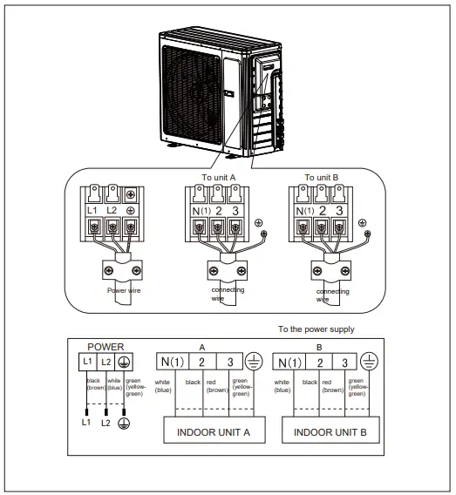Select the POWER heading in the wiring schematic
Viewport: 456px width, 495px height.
click(x=106, y=346)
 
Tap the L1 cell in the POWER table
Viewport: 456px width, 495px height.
click(x=87, y=362)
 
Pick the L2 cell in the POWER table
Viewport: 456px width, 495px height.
click(x=106, y=362)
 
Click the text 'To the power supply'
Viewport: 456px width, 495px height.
click(x=316, y=329)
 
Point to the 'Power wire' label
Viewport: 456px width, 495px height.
click(x=125, y=289)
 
